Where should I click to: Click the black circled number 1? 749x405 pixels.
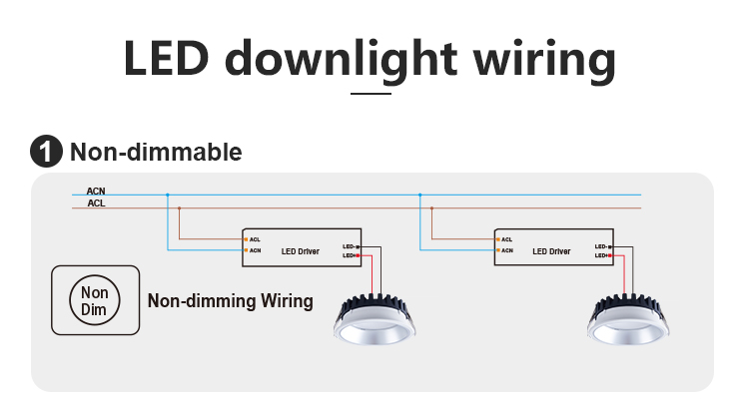pyautogui.click(x=45, y=153)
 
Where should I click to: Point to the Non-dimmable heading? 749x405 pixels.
pyautogui.click(x=155, y=153)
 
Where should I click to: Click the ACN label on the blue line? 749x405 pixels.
pyautogui.click(x=96, y=191)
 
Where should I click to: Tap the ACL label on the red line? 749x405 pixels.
pyautogui.click(x=96, y=203)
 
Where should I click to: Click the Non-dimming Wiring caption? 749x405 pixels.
pyautogui.click(x=231, y=300)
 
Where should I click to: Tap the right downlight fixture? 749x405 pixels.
pyautogui.click(x=628, y=320)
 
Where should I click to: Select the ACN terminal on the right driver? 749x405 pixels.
pyautogui.click(x=506, y=250)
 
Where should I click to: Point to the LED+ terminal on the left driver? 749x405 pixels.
pyautogui.click(x=351, y=255)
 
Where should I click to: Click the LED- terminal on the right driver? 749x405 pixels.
pyautogui.click(x=602, y=245)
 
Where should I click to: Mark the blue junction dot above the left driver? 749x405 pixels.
pyautogui.click(x=168, y=195)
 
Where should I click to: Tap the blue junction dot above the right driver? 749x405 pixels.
pyautogui.click(x=420, y=195)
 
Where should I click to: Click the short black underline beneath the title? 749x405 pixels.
pyautogui.click(x=371, y=93)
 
